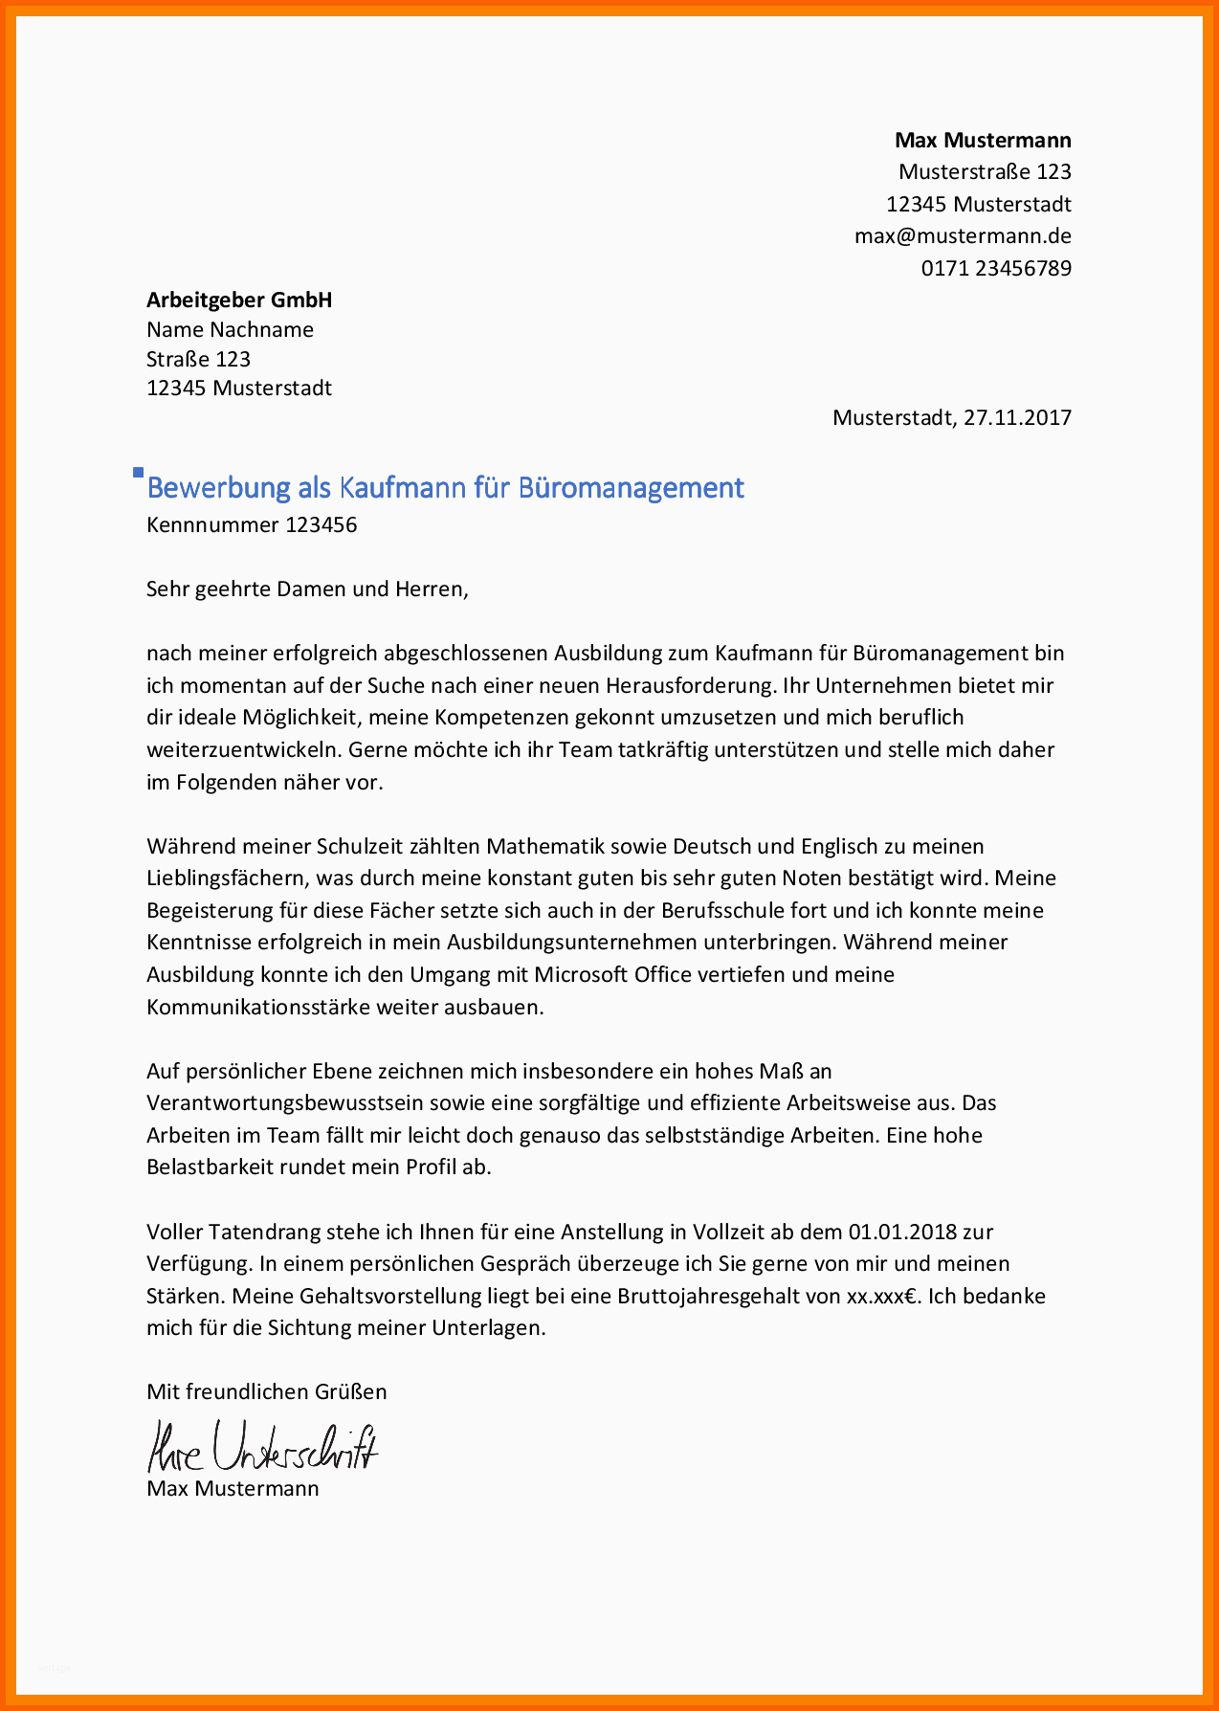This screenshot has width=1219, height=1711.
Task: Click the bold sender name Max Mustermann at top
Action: coord(983,141)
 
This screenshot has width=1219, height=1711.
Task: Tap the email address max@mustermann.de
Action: coord(963,236)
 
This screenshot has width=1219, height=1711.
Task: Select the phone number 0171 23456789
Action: coord(996,268)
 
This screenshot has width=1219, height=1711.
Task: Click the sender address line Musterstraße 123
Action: coord(985,172)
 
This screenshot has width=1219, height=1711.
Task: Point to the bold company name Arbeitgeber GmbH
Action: coord(239,300)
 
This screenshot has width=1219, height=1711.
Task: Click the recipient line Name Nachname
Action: coord(230,330)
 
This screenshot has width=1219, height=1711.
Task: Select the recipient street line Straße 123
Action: coord(198,360)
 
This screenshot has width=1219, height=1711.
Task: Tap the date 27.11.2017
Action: coord(1017,418)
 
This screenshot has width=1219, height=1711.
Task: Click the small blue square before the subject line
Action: coord(138,473)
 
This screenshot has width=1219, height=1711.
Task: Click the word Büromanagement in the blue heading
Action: coord(631,488)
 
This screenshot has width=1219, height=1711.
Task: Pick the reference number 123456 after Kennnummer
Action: coord(321,525)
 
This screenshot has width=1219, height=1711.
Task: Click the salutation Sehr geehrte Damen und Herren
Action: coord(307,589)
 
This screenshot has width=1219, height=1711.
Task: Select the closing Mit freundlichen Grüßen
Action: coord(266,1392)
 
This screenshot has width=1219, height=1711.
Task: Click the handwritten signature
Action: coord(262,1446)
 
